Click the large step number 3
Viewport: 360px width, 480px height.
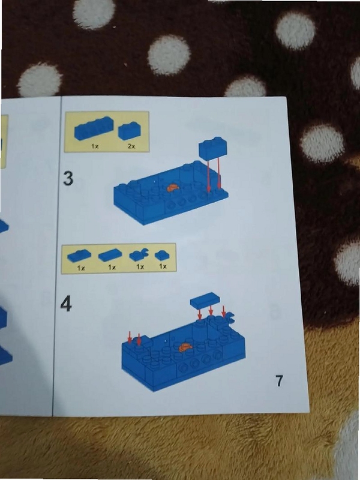tap(68, 178)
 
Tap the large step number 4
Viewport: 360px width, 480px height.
tap(66, 304)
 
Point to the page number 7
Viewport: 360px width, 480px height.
tap(279, 380)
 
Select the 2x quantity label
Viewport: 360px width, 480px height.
tap(131, 146)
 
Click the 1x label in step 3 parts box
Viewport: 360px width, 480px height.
tap(95, 146)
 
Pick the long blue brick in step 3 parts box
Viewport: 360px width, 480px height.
tap(94, 128)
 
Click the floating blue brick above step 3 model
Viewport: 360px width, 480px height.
tap(213, 148)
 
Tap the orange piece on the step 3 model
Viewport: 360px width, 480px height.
tap(173, 188)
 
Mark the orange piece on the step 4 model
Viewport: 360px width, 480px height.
tap(185, 347)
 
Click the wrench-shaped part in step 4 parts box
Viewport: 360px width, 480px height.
tap(139, 254)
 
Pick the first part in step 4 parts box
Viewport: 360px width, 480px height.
tap(79, 256)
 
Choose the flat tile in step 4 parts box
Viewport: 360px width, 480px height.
tap(110, 254)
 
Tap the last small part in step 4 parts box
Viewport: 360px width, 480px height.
tap(162, 255)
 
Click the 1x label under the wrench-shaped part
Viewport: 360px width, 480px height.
tap(140, 266)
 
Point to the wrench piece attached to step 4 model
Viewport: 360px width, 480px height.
tap(229, 318)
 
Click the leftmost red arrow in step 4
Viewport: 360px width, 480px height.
tap(130, 337)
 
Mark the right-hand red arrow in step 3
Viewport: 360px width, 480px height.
tap(219, 174)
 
